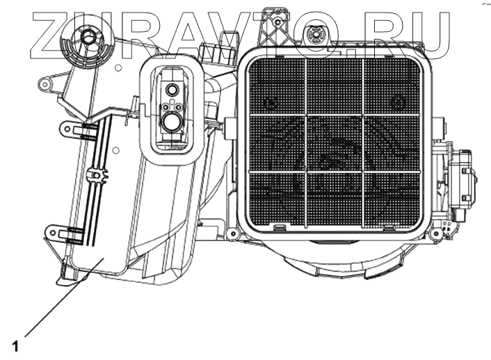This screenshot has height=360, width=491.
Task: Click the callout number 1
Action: pos(15,346)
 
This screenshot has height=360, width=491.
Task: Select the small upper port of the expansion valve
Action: pos(171,90)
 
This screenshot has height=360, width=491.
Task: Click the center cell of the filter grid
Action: pos(335,142)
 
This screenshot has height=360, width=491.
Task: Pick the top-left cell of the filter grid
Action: pos(277,87)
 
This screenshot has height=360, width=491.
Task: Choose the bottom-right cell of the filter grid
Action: pos(392,199)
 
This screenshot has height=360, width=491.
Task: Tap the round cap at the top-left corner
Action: pos(87,38)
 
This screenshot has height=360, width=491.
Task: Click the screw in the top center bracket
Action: pos(277,22)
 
